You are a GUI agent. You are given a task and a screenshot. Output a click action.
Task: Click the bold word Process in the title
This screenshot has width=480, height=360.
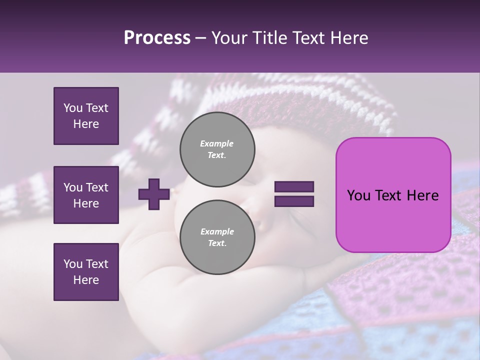point(157,38)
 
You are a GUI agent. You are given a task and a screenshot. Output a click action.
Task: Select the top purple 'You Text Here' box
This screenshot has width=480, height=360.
point(86,116)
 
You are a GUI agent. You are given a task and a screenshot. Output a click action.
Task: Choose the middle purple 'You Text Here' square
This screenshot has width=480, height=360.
point(86,195)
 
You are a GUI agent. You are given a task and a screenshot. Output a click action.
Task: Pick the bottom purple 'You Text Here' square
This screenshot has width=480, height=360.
point(86,271)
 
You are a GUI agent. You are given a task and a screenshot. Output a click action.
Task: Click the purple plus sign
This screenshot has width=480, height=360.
point(153,194)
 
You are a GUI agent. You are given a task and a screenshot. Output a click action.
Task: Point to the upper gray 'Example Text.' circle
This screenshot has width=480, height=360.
point(217,149)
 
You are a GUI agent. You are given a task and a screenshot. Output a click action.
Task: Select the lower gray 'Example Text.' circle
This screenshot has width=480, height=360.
point(217,237)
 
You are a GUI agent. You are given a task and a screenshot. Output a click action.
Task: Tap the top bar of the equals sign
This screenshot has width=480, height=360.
point(294,187)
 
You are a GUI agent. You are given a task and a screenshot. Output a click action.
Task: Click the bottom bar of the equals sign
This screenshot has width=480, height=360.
point(294,201)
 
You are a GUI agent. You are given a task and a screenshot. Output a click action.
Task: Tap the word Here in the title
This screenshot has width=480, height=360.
point(348,38)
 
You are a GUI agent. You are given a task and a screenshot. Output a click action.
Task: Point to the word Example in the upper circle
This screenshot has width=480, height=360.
point(216,143)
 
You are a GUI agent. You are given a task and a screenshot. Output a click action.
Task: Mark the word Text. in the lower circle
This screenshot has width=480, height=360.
point(216,243)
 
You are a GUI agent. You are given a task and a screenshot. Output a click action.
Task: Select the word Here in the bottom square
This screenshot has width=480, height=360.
point(86,280)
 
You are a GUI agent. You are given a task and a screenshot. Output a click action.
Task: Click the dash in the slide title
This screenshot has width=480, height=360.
point(201,38)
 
